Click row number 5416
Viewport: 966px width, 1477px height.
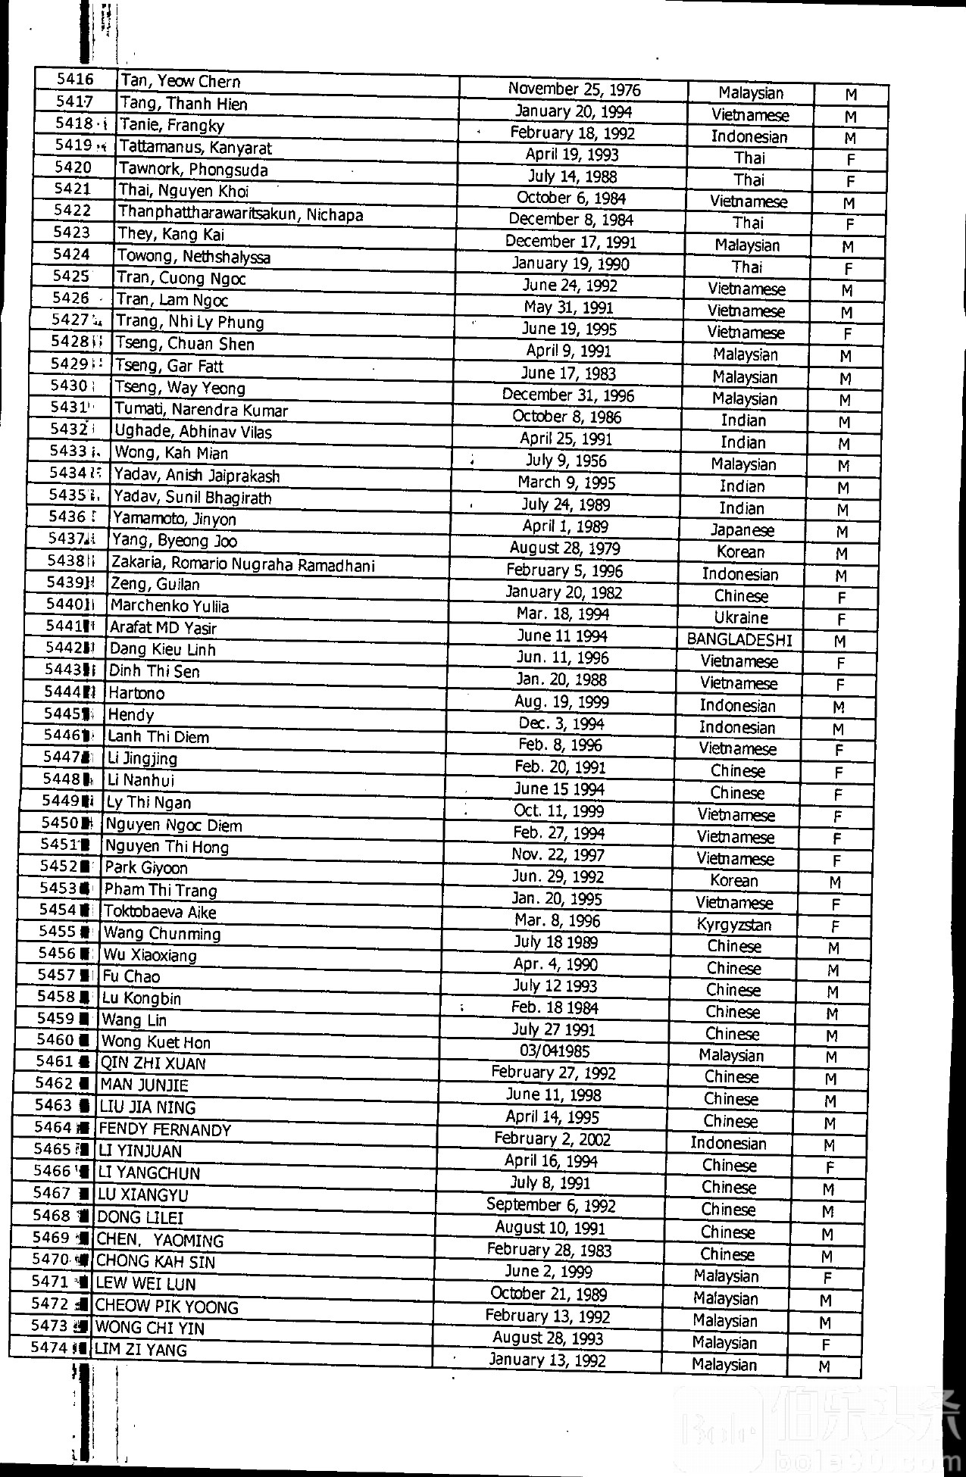(75, 80)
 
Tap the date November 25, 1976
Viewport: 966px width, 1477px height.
(574, 89)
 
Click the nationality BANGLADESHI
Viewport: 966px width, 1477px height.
(739, 640)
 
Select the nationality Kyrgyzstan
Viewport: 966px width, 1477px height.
(734, 925)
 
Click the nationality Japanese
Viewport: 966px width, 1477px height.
(742, 530)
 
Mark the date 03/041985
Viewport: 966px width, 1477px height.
(555, 1051)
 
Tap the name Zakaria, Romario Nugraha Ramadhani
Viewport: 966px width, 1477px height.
(243, 564)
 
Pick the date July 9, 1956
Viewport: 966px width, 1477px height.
(566, 461)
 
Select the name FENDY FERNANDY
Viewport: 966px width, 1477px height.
(165, 1129)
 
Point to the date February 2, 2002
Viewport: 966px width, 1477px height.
(552, 1139)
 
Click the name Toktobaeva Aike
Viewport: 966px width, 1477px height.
(160, 912)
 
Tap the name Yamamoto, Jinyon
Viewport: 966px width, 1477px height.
(174, 520)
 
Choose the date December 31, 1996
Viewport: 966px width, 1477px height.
(568, 395)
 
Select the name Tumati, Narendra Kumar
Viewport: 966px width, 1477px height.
(201, 411)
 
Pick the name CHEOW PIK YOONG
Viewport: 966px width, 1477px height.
(167, 1307)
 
